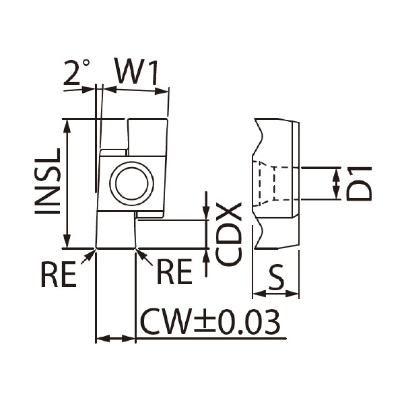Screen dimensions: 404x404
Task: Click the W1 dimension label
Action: pyautogui.click(x=137, y=71)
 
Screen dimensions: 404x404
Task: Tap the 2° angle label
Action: pyautogui.click(x=77, y=72)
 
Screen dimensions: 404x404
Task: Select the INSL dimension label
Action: pyautogui.click(x=48, y=181)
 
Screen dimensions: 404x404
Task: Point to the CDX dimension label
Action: pyautogui.click(x=228, y=234)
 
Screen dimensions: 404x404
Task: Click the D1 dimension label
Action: pyautogui.click(x=359, y=183)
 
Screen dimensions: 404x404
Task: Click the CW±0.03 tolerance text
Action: pyautogui.click(x=210, y=322)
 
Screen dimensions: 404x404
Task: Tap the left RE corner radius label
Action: pyautogui.click(x=59, y=274)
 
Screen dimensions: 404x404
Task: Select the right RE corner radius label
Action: pyautogui.click(x=174, y=271)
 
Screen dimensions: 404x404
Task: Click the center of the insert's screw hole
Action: pyautogui.click(x=132, y=183)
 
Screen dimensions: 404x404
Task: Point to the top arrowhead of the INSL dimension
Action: pyautogui.click(x=67, y=126)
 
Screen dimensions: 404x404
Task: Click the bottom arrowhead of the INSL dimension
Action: pyautogui.click(x=67, y=242)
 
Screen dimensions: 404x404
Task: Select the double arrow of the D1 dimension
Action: pyautogui.click(x=336, y=183)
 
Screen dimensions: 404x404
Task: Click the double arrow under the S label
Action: pyautogui.click(x=275, y=293)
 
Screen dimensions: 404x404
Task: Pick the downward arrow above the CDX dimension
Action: pyautogui.click(x=206, y=206)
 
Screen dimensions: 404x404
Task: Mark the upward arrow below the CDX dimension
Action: pyautogui.click(x=206, y=263)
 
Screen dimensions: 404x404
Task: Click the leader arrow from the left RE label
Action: pyautogui.click(x=88, y=257)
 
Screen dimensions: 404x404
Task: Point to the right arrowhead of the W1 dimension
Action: pyautogui.click(x=162, y=91)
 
